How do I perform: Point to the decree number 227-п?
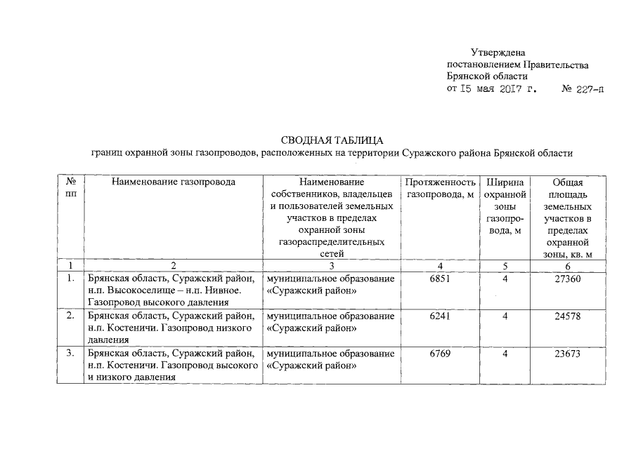[588, 90]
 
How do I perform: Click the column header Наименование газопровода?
[173, 182]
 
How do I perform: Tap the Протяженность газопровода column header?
[440, 188]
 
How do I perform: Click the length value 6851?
[439, 279]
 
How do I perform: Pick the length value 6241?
[439, 316]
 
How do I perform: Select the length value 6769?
[439, 354]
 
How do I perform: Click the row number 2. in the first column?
[70, 316]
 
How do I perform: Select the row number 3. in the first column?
[70, 354]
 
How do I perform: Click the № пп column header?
[70, 188]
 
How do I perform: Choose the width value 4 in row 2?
[505, 316]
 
